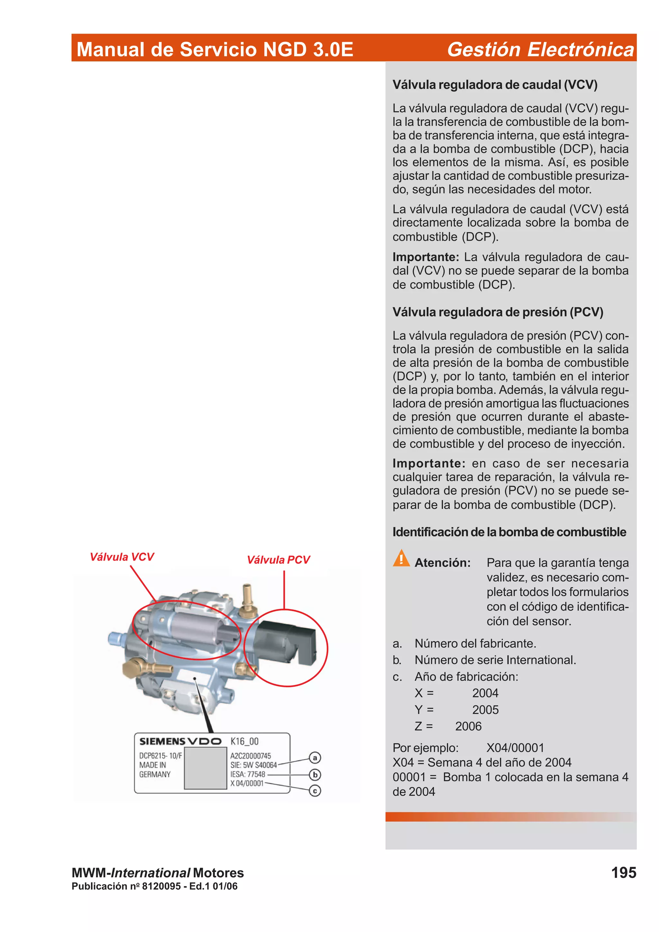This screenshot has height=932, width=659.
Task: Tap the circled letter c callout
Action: tap(315, 791)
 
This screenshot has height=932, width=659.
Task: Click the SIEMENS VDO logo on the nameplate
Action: tap(180, 741)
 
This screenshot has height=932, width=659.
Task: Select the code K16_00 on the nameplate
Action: tap(245, 741)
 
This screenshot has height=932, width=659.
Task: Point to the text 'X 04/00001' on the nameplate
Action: tap(247, 783)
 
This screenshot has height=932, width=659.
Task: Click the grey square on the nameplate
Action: tap(206, 768)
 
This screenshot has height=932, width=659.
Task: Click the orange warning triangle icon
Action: tap(401, 559)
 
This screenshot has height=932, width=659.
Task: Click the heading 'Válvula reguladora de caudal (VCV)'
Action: tap(495, 85)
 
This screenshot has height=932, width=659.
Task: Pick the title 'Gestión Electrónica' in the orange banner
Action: tap(540, 49)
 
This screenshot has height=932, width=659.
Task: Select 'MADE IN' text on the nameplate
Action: tap(153, 765)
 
